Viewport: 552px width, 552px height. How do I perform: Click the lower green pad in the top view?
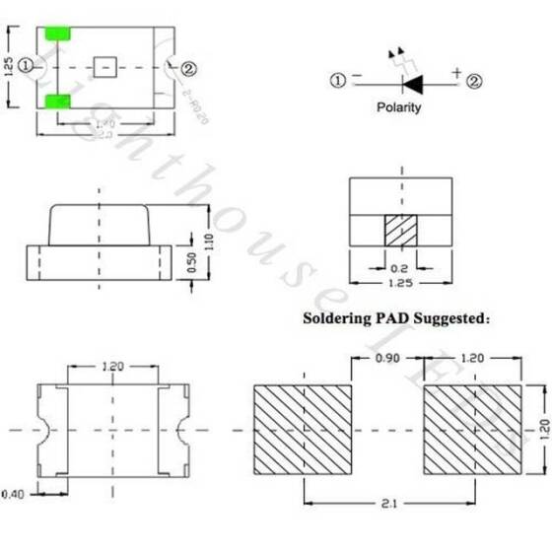click(x=59, y=102)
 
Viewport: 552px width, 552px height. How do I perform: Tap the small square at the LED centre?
click(x=105, y=67)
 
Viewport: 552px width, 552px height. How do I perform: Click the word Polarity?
click(x=399, y=107)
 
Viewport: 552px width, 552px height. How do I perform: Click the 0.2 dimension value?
click(x=399, y=266)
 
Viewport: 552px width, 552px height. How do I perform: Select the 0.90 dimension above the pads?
click(x=387, y=360)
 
